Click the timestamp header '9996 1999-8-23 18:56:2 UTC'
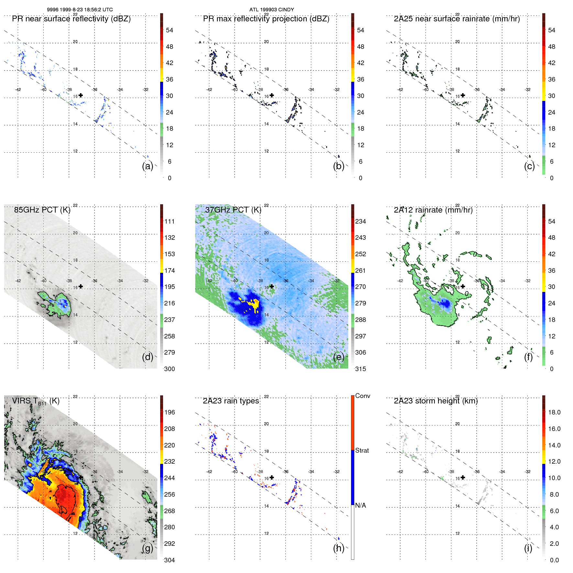(80, 10)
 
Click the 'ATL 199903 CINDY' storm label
(271, 10)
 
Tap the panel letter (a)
(148, 166)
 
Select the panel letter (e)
(338, 357)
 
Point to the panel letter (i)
(528, 548)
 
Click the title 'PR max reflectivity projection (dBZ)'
(266, 19)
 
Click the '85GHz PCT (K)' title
(42, 210)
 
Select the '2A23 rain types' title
(231, 401)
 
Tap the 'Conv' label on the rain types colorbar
(362, 396)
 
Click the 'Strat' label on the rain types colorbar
(362, 450)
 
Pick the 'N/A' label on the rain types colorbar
(360, 505)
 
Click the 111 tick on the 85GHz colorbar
(169, 221)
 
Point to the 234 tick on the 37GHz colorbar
(360, 221)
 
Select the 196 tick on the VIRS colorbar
(169, 412)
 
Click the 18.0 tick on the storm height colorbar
(554, 412)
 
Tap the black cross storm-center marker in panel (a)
(81, 95)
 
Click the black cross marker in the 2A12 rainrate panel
(463, 286)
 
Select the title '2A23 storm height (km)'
(435, 401)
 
